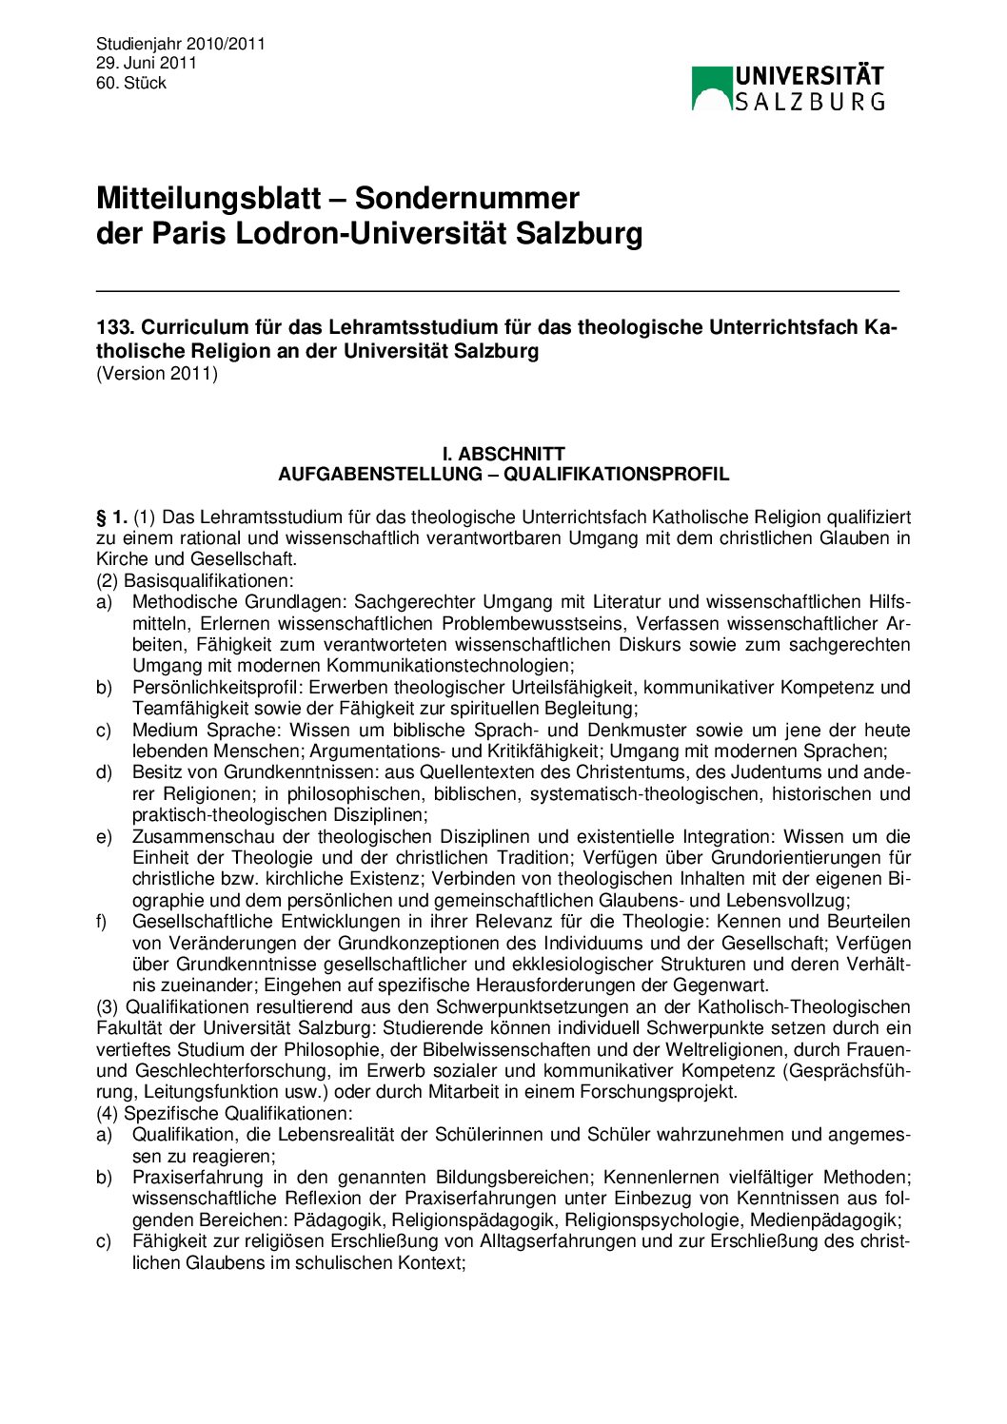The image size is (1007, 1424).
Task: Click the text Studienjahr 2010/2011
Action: tap(180, 44)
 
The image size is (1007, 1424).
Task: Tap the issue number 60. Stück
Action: tap(130, 84)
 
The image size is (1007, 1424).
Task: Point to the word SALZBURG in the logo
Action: tap(810, 101)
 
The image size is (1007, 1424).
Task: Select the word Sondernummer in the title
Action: tap(467, 198)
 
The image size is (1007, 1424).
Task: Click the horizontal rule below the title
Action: tap(497, 290)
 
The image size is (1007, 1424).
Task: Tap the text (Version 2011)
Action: tap(157, 374)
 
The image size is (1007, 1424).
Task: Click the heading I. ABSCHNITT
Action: tap(503, 455)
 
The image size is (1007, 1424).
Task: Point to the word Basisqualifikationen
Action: tap(208, 580)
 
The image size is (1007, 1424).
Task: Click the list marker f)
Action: tap(102, 922)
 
